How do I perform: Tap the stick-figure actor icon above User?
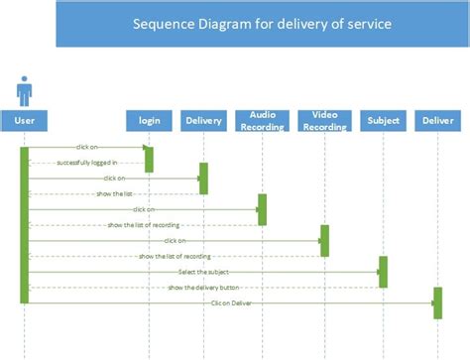[24, 90]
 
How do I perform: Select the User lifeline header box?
[24, 121]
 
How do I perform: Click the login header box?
[149, 121]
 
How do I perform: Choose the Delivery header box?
[203, 121]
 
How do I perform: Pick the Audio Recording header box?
[262, 121]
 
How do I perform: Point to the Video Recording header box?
[324, 121]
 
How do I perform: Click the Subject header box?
[383, 121]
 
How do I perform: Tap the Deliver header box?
[437, 121]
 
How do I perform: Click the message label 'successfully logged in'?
[86, 163]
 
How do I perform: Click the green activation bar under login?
[149, 159]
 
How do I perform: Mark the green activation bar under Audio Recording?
[262, 209]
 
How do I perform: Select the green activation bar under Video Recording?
[324, 241]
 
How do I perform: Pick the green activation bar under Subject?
[383, 272]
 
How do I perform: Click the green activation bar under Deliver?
[437, 302]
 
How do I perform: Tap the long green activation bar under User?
[24, 224]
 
